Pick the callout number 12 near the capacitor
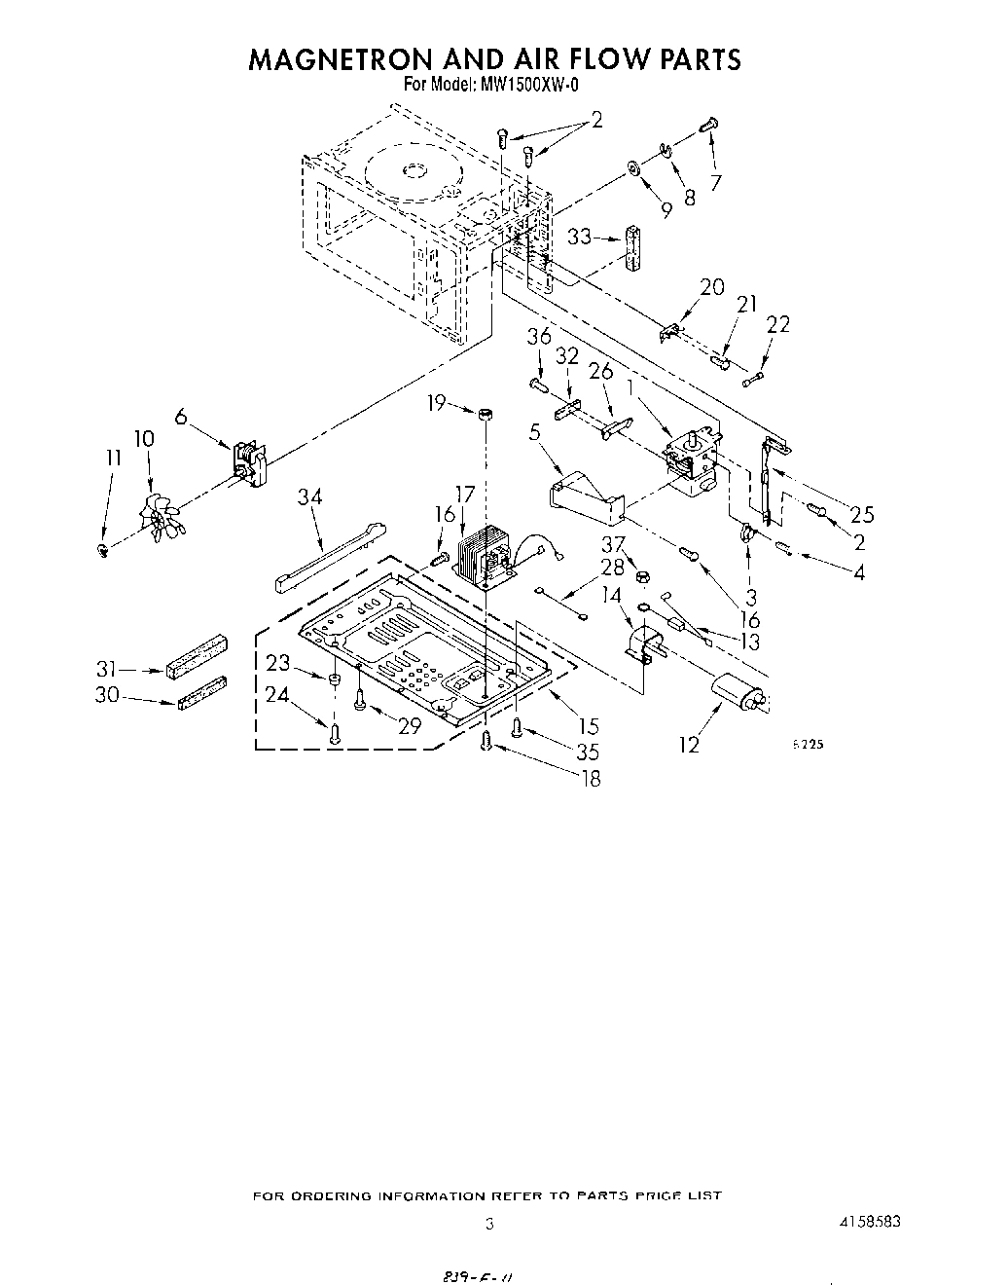click(689, 746)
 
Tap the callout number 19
click(436, 402)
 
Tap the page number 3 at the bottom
click(489, 1224)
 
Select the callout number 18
click(590, 778)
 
